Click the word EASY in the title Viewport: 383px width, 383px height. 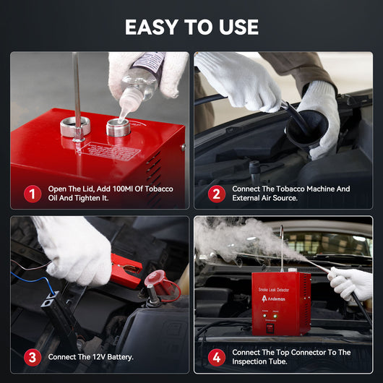point(152,27)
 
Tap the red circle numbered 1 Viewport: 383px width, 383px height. point(32,194)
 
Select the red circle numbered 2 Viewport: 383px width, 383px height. point(215,194)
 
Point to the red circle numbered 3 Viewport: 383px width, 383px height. point(32,357)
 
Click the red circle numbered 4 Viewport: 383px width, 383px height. point(215,357)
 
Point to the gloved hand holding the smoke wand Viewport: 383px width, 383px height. point(351,283)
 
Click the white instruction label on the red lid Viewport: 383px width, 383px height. point(108,151)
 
